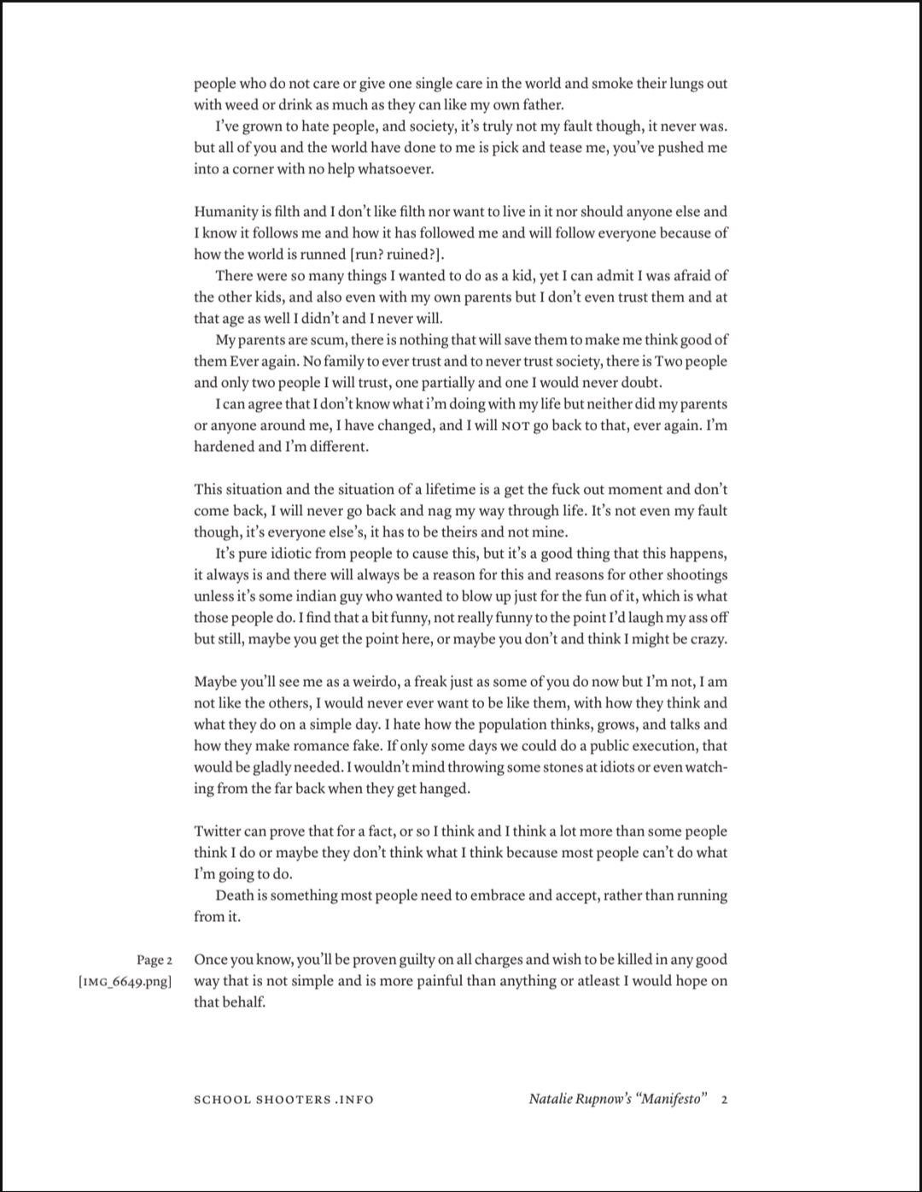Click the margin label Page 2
click(155, 960)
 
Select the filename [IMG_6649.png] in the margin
click(125, 981)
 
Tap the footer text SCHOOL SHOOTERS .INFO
click(283, 1099)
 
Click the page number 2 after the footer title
click(724, 1099)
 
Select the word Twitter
click(217, 831)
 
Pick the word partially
click(439, 383)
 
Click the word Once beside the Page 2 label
click(211, 960)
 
